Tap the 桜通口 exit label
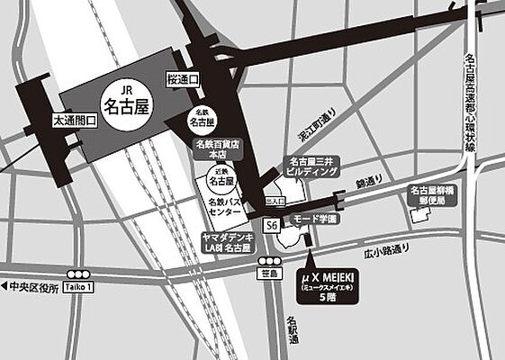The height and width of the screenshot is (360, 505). pos(183,78)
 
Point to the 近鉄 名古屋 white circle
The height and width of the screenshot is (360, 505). pos(217,176)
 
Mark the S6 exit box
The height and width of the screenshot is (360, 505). pos(271,225)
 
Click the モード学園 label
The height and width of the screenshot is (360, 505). pos(315,219)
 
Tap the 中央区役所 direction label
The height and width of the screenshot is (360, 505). pos(31,287)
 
